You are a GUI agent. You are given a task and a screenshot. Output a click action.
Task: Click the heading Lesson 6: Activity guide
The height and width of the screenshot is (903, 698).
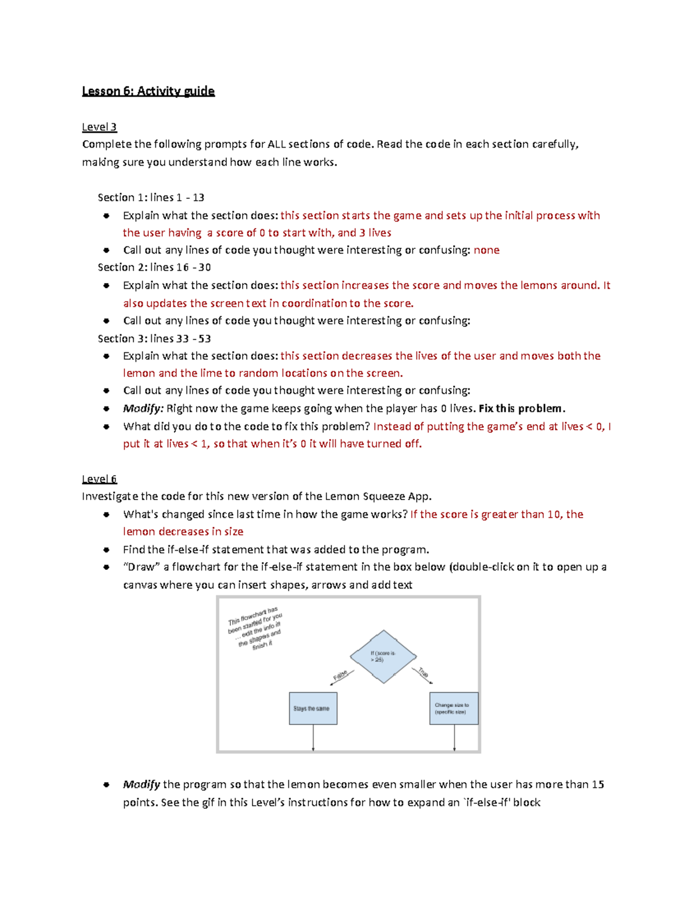click(x=148, y=91)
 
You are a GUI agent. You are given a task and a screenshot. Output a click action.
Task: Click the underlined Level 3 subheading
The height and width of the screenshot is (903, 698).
click(x=99, y=127)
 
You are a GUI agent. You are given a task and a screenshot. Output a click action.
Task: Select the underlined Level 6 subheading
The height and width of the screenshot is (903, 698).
click(x=99, y=479)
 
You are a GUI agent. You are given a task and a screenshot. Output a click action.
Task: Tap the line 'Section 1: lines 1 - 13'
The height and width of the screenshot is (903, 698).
click(x=151, y=198)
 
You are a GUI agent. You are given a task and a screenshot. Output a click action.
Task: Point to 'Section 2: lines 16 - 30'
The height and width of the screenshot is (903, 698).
click(x=154, y=267)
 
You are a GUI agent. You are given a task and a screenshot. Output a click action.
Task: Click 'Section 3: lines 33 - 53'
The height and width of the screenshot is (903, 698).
click(x=154, y=338)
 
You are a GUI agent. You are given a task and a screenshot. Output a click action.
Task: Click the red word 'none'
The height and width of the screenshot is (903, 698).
click(x=486, y=250)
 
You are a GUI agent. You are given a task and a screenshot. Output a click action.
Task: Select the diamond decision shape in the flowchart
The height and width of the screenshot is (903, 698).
click(x=383, y=656)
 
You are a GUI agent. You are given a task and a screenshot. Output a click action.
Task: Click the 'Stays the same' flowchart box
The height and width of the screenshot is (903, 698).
click(x=313, y=708)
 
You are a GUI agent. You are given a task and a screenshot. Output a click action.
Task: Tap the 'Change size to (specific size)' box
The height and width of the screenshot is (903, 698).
click(x=454, y=708)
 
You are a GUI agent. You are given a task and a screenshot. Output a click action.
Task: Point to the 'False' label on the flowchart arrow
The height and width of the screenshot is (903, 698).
click(x=340, y=676)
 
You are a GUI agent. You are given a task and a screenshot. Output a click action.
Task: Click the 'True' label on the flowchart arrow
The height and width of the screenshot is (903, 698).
click(x=423, y=673)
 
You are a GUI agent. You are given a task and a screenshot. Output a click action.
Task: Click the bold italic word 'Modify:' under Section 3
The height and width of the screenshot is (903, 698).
click(x=143, y=409)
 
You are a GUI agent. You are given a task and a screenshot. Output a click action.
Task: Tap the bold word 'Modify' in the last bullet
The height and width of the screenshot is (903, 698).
click(x=141, y=785)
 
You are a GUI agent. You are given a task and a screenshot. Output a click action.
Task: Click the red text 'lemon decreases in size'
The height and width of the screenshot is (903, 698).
click(x=183, y=531)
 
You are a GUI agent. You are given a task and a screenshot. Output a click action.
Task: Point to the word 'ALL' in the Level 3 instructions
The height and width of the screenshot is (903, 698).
click(x=276, y=144)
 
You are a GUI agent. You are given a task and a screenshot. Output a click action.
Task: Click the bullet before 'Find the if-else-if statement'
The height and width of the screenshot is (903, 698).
click(x=106, y=549)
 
